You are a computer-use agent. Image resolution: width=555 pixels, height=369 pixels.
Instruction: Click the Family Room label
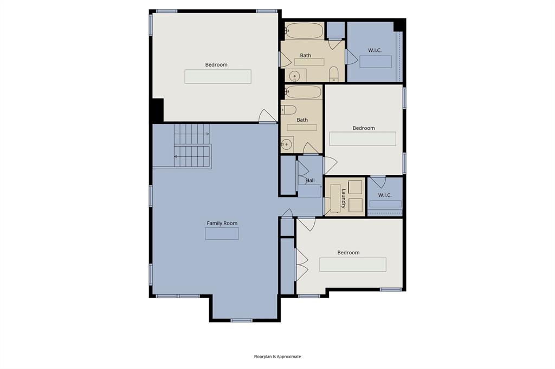tap(222, 223)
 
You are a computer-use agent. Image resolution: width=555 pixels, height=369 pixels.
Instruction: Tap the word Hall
tap(310, 180)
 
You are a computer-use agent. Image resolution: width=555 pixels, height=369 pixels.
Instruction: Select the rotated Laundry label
tap(344, 198)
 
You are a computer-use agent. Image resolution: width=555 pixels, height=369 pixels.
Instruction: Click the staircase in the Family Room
tap(192, 146)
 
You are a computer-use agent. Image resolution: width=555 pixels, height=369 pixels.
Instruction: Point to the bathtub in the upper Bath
tap(304, 30)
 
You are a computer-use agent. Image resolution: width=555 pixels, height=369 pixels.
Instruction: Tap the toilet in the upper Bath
tap(334, 74)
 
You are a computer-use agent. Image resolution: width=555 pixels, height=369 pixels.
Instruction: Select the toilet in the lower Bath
tap(288, 109)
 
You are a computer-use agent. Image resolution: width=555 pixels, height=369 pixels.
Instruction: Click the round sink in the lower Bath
tap(287, 144)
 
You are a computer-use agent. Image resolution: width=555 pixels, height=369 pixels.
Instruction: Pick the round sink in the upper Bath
tap(295, 76)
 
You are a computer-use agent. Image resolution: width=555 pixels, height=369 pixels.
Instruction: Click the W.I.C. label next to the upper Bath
tap(375, 50)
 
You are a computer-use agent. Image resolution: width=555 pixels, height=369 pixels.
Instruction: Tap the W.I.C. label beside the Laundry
tap(385, 195)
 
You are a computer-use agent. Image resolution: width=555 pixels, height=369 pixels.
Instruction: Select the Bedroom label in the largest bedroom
tap(216, 64)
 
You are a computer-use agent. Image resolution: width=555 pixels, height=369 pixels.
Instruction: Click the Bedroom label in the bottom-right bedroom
tap(349, 252)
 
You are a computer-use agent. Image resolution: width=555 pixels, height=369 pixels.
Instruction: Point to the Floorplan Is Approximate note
tap(277, 357)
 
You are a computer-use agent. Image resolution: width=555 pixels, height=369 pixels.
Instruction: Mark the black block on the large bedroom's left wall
tap(156, 110)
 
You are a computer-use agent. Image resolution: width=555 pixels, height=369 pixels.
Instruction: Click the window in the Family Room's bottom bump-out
tap(241, 320)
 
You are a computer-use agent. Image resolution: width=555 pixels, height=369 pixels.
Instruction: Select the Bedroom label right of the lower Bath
tap(364, 128)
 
